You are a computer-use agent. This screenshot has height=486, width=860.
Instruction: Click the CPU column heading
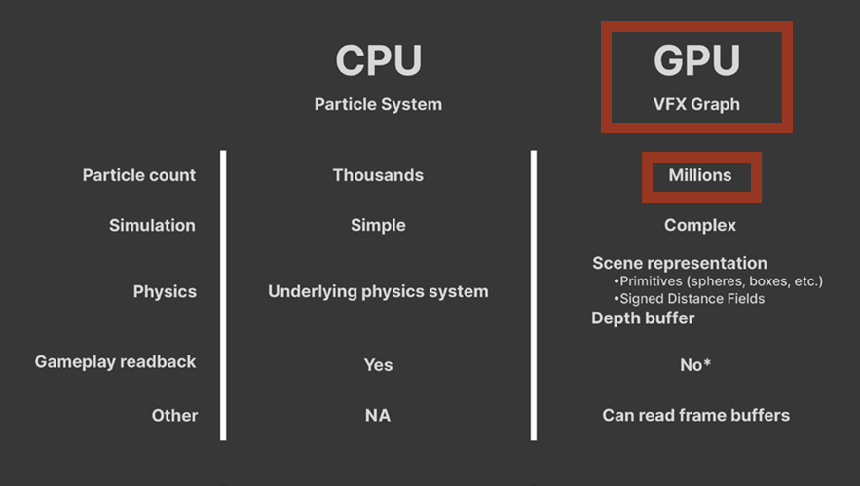[x=378, y=61]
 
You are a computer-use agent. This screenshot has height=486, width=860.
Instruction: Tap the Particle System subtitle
[x=378, y=104]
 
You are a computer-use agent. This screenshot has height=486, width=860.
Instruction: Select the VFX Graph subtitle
[x=695, y=104]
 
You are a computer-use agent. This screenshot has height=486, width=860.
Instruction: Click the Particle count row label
[x=139, y=175]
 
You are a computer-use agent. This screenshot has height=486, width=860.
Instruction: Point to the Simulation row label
[x=152, y=225]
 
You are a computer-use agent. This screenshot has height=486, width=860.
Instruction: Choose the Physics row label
[x=165, y=291]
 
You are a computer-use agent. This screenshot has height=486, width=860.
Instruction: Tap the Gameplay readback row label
[x=115, y=361]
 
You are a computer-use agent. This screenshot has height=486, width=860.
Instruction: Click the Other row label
[x=174, y=415]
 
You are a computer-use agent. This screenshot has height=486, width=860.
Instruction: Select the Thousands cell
[x=378, y=175]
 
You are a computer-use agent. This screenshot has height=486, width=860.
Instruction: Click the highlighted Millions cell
[x=699, y=175]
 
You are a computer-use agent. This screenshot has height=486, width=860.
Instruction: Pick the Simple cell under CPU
[x=378, y=225]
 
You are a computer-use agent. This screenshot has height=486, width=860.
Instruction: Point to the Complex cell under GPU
[x=699, y=225]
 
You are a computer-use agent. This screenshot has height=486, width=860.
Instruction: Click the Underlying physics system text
[x=378, y=291]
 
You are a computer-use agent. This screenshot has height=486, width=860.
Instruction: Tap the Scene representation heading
[x=679, y=263]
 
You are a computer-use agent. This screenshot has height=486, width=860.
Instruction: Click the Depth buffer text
[x=643, y=318]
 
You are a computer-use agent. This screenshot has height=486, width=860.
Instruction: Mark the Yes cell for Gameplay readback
[x=378, y=364]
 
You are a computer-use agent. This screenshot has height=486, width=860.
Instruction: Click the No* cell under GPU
[x=695, y=364]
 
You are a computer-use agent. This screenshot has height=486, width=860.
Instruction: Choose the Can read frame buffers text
[x=695, y=415]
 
